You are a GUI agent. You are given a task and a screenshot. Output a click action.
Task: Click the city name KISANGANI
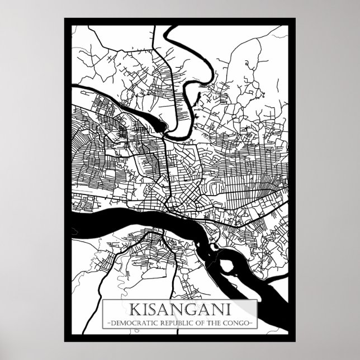[179, 309]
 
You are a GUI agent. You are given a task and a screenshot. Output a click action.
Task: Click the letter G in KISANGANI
[184, 309]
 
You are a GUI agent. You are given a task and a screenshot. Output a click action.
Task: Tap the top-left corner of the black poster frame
[64, 18]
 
